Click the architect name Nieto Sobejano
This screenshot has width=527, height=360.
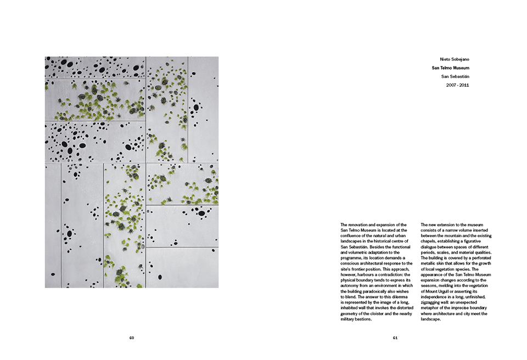tap(455, 59)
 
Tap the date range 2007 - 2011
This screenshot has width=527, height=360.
tap(457, 85)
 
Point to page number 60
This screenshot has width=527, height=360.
tap(132, 337)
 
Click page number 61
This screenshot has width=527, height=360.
tap(395, 337)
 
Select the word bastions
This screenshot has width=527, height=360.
tap(361, 319)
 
